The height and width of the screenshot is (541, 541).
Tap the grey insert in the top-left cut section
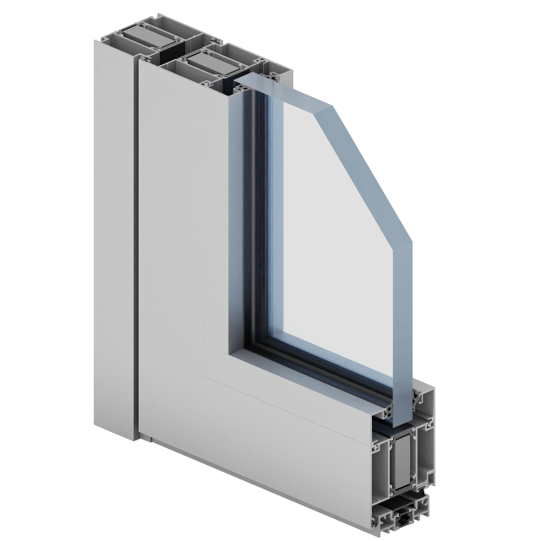coord(139,38)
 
